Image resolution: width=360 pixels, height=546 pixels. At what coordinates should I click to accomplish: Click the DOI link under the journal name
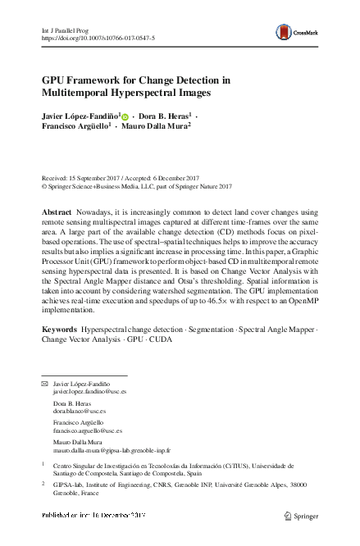click(x=91, y=38)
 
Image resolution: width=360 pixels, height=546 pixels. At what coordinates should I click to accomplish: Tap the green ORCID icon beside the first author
click(x=125, y=116)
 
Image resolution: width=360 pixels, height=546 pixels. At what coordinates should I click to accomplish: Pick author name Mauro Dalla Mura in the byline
click(x=157, y=127)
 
